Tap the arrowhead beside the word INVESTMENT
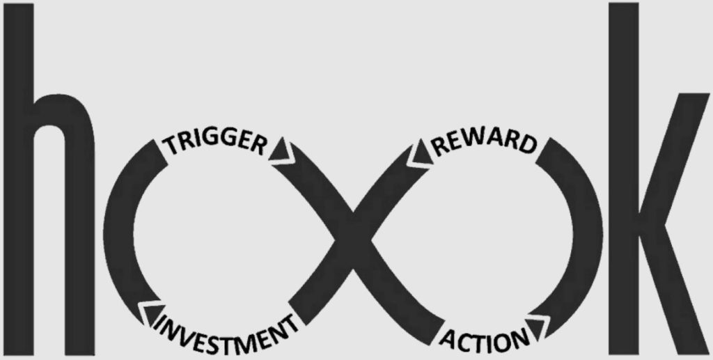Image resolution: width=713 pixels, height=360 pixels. pos(152,313)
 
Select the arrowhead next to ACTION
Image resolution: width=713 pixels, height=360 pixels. pos(540,328)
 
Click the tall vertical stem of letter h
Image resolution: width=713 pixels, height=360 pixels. pos(19,180)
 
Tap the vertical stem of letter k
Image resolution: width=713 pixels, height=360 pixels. pos(623,179)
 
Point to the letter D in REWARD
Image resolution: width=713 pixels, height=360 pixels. pos(528,146)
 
